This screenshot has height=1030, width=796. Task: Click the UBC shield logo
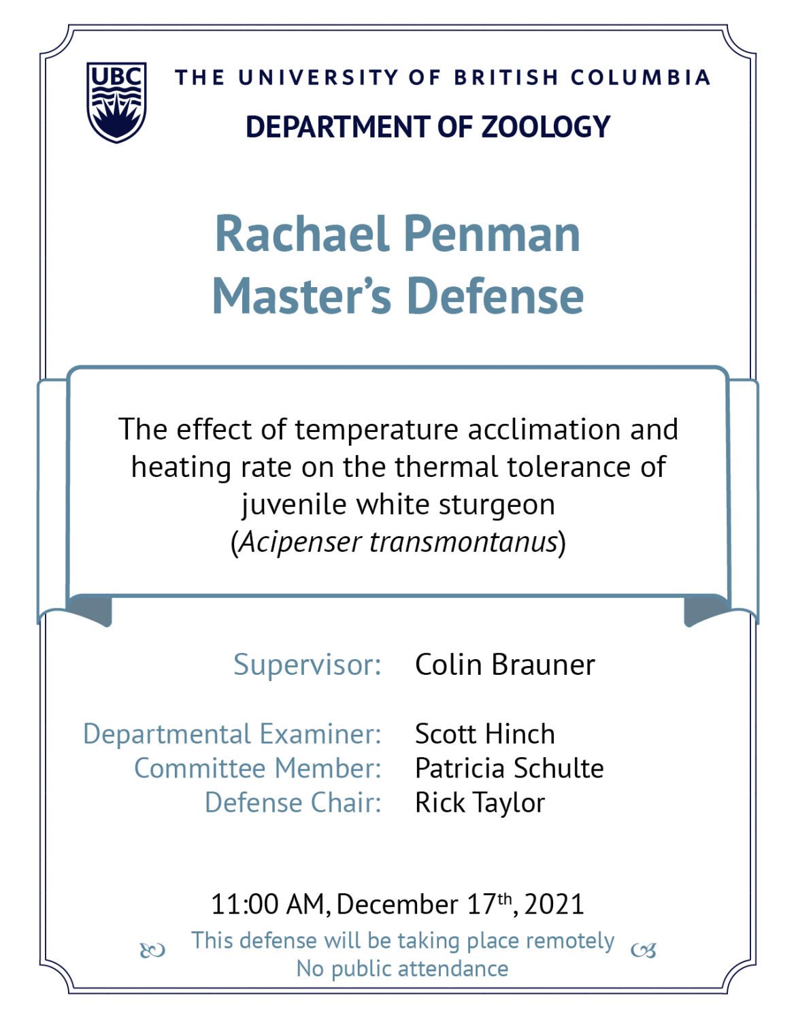tap(116, 102)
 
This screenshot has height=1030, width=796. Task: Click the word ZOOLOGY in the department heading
tap(546, 127)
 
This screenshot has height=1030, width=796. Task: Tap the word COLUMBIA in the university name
tap(640, 78)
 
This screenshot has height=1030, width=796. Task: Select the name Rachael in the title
tap(302, 234)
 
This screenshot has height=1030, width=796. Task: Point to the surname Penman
tap(493, 234)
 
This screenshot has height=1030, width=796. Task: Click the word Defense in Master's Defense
tap(495, 296)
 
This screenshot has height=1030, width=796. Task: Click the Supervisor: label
tap(308, 665)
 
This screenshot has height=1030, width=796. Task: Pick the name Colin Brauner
tap(505, 665)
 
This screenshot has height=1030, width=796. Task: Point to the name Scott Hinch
tap(484, 734)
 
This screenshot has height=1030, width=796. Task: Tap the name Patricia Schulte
tap(510, 768)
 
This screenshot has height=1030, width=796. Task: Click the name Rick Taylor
tap(480, 803)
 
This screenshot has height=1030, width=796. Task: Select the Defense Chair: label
tap(293, 803)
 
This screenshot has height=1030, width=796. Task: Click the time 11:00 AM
tap(268, 904)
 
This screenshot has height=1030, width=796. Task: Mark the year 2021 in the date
tap(554, 904)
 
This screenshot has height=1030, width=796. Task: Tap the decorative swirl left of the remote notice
tap(152, 950)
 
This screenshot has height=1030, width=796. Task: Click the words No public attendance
tap(402, 969)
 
